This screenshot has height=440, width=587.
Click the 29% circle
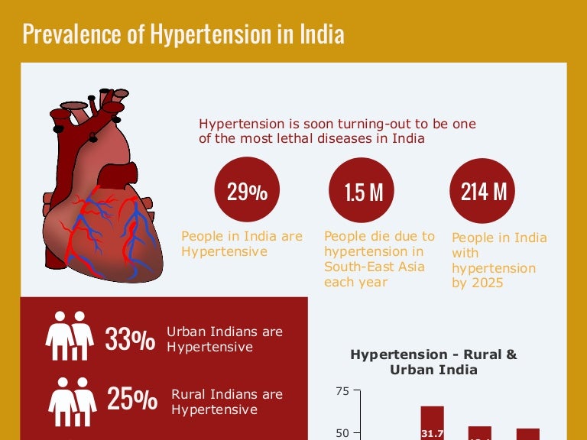pyautogui.click(x=247, y=191)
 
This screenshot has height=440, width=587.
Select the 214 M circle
pyautogui.click(x=483, y=191)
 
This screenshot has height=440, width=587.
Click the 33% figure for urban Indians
pyautogui.click(x=130, y=339)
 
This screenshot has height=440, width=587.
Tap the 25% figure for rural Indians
pyautogui.click(x=131, y=400)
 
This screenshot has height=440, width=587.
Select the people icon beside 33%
pyautogui.click(x=70, y=336)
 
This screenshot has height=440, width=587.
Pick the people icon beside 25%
pyautogui.click(x=73, y=398)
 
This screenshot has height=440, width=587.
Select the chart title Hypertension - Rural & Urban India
pyautogui.click(x=433, y=362)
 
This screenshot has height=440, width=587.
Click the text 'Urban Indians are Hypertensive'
pyautogui.click(x=225, y=339)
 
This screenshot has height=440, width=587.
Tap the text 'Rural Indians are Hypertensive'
pyautogui.click(x=226, y=402)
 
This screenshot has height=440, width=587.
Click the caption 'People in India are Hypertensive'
pyautogui.click(x=242, y=244)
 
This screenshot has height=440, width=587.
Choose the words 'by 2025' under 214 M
pyautogui.click(x=478, y=283)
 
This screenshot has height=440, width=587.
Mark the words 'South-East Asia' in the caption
pyautogui.click(x=375, y=267)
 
